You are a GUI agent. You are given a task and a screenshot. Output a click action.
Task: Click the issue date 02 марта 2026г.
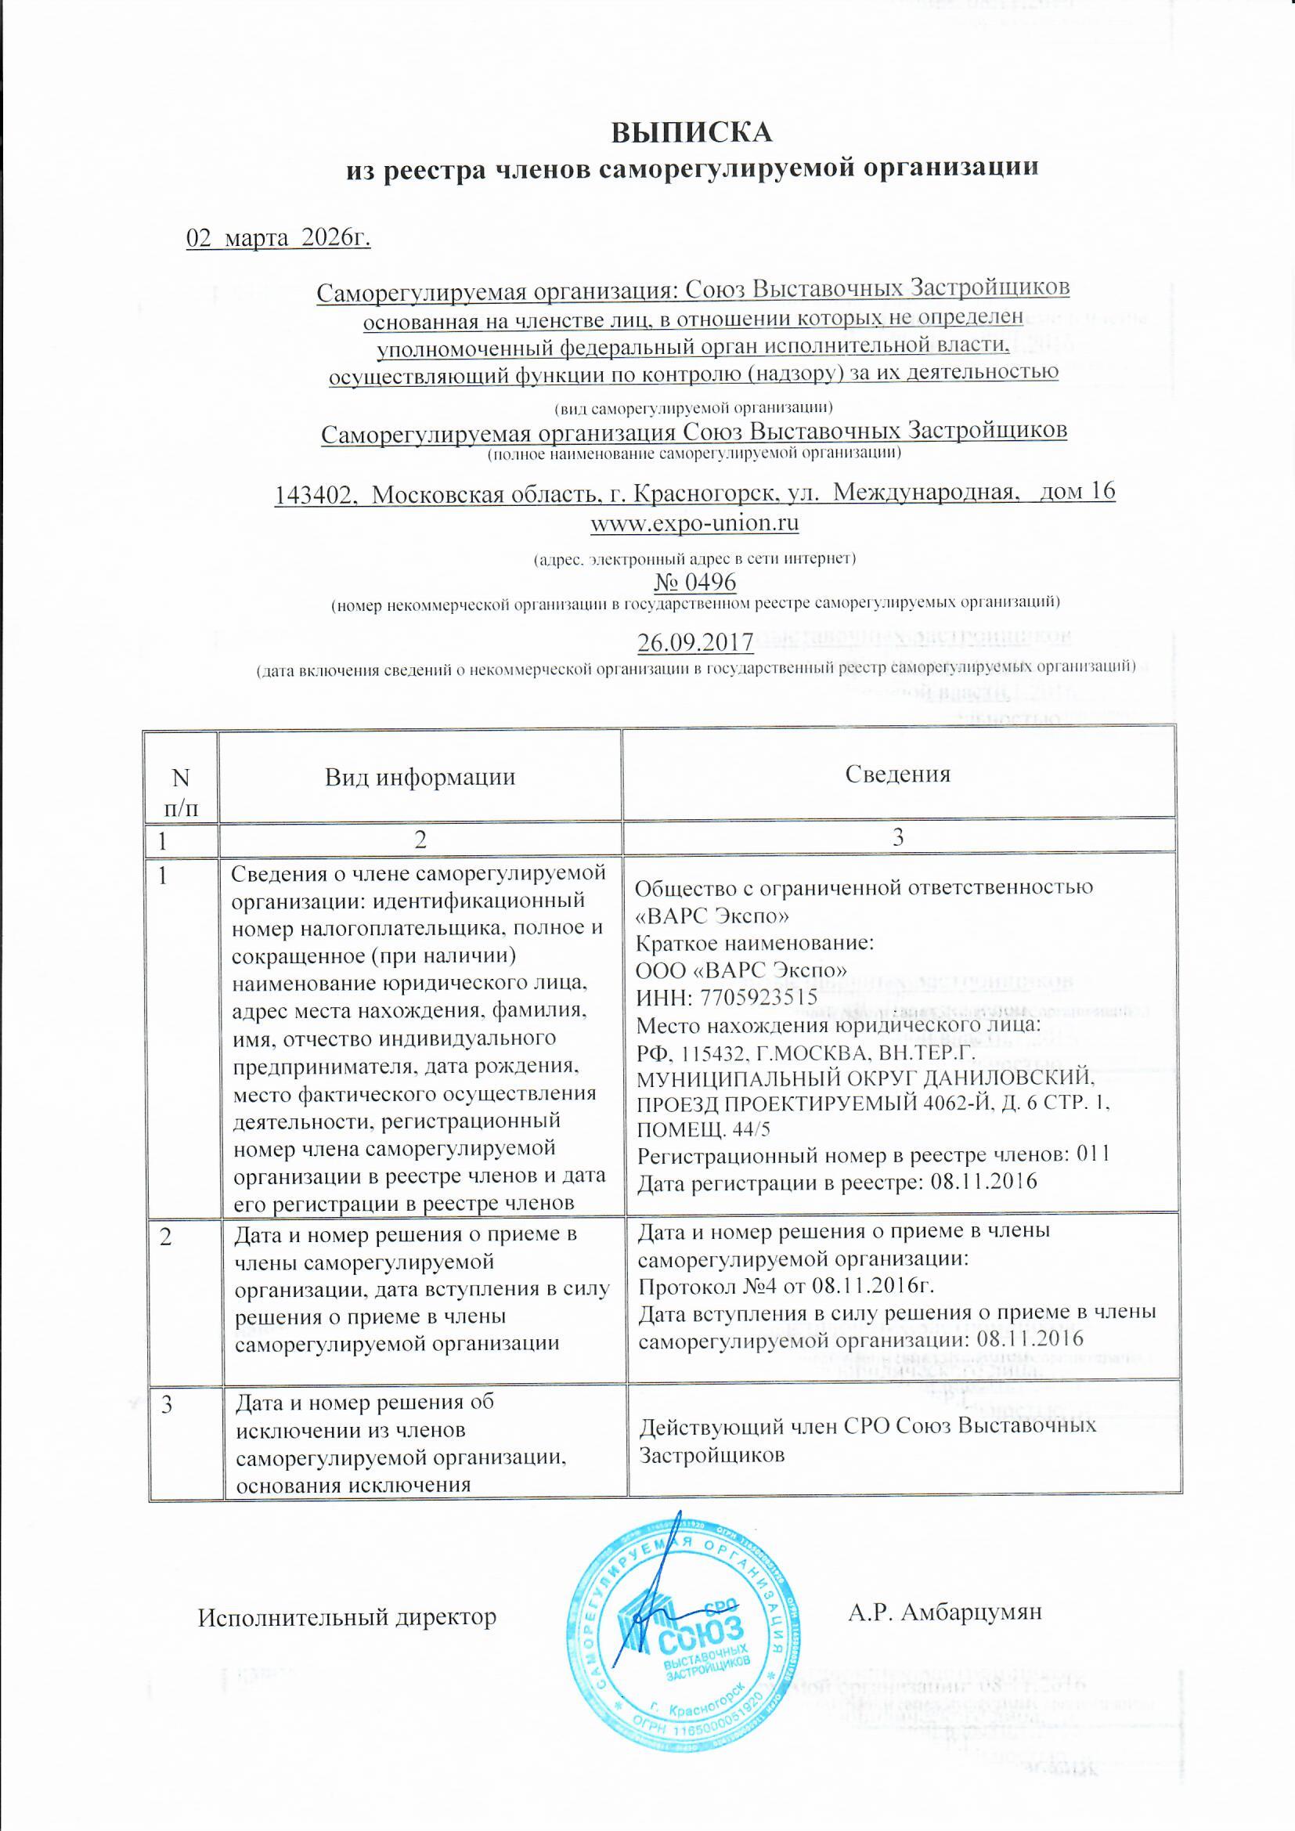278,238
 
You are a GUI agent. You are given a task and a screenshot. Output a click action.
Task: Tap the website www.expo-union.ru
694,524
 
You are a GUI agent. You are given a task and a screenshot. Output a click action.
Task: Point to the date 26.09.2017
695,641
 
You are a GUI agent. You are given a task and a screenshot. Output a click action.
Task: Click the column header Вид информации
420,776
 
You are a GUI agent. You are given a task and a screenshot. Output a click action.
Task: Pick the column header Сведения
898,774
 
